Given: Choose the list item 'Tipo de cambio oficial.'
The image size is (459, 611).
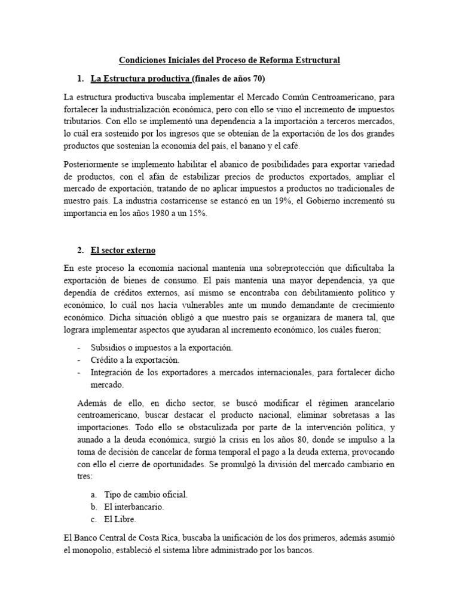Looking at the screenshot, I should tap(146, 494).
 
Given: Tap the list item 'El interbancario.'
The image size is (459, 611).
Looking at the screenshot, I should tap(134, 507).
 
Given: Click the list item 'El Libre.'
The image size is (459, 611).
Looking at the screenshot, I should tap(120, 520).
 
